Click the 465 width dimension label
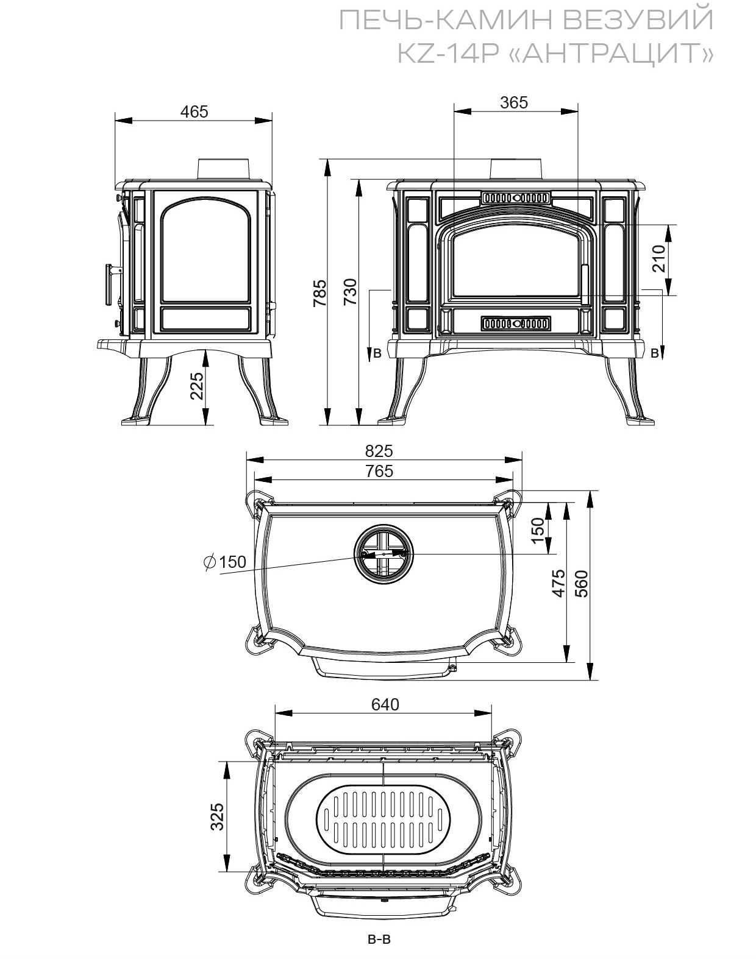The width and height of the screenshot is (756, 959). click(194, 111)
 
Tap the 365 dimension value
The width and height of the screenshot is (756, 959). click(514, 102)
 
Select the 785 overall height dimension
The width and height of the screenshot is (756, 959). click(319, 293)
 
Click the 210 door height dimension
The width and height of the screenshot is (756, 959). click(658, 258)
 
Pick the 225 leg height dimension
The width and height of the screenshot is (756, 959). click(196, 386)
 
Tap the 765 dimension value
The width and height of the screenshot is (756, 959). click(379, 471)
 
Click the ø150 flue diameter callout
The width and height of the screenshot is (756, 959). click(225, 562)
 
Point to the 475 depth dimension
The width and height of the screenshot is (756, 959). click(558, 583)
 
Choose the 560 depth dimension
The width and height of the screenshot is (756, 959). click(582, 584)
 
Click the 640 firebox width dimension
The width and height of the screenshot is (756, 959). click(385, 704)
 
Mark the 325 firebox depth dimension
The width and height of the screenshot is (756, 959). click(217, 817)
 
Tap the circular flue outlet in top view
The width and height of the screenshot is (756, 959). click(383, 554)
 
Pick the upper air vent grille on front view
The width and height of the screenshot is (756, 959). click(516, 197)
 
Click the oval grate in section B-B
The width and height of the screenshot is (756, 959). click(383, 819)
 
